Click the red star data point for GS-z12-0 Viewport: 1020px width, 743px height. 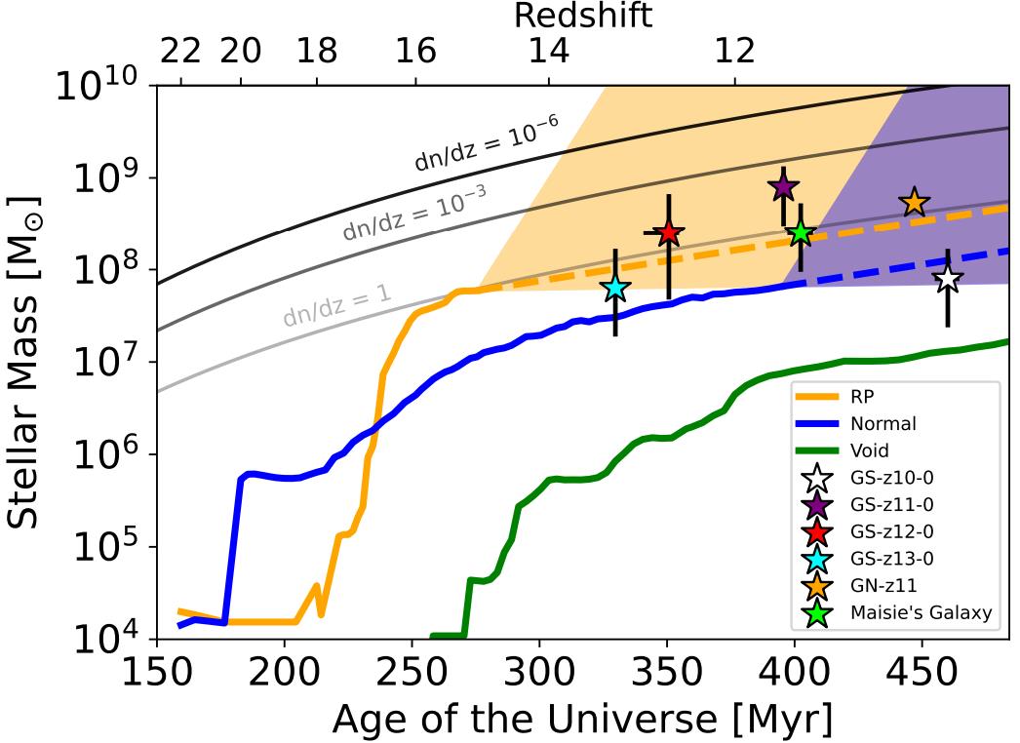668,233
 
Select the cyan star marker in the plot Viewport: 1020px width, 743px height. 614,288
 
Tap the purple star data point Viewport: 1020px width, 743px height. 783,187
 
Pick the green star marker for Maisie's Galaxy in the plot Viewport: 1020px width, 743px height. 801,233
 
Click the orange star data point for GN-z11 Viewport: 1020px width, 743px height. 914,203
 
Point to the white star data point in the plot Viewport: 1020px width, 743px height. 948,280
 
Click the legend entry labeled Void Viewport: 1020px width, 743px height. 873,450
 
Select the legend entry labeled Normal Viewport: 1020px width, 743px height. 883,424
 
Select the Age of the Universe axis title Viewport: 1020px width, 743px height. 582,721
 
